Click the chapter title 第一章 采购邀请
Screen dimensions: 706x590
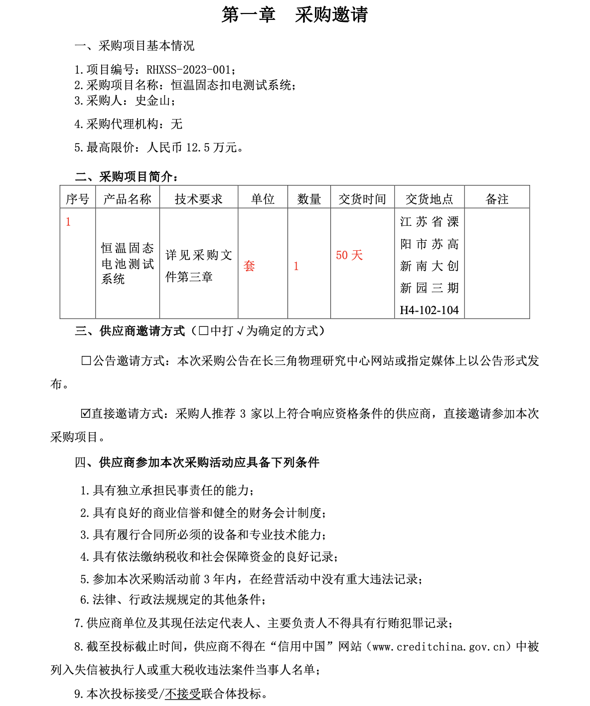[295, 14]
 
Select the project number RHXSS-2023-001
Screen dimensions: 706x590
[188, 70]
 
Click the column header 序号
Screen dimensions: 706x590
[78, 199]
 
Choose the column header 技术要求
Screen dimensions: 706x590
[198, 199]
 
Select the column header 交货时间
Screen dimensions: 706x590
[362, 199]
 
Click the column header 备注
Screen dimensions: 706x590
[497, 199]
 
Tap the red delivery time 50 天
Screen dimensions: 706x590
[349, 255]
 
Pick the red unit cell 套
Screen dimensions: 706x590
[249, 266]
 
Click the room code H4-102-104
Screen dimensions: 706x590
[429, 310]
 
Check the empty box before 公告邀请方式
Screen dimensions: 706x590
[86, 360]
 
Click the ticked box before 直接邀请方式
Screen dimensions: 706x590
[86, 413]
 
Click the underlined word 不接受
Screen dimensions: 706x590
[183, 694]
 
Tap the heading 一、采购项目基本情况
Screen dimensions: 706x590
[135, 46]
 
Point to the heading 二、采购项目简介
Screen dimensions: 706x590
[127, 176]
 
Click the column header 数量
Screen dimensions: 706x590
[309, 199]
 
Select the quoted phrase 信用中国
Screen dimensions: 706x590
[301, 647]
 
